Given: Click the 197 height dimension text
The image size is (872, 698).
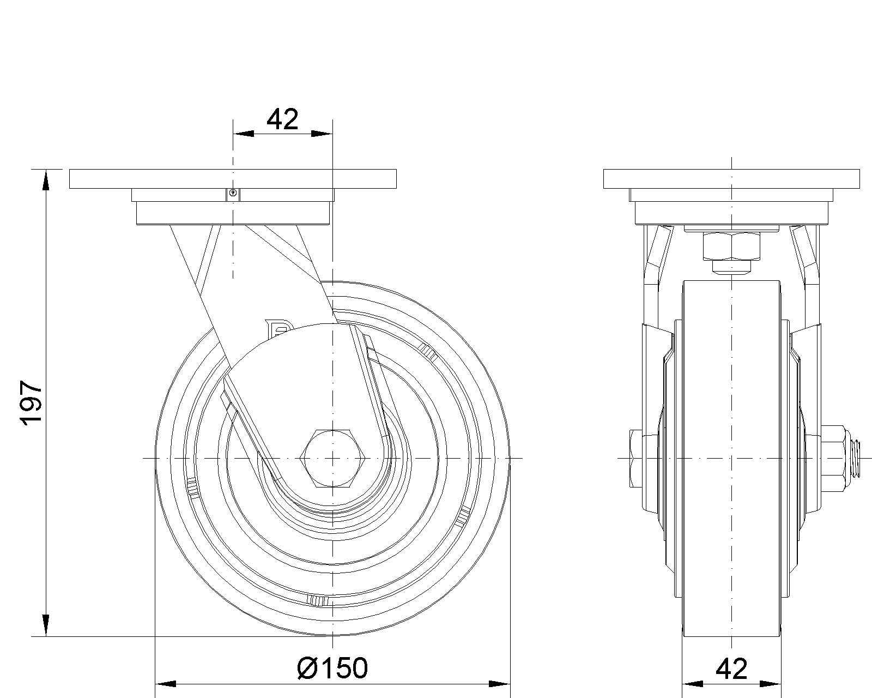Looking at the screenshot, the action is tap(31, 403).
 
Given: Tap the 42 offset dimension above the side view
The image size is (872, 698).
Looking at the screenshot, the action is tap(282, 119).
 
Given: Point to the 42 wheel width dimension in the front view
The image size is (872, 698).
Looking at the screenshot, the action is tap(731, 669).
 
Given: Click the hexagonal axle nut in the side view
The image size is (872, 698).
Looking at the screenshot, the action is tap(332, 458).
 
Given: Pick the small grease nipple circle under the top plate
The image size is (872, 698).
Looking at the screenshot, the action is tap(233, 193).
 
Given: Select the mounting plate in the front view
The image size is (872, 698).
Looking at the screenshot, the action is tap(731, 179).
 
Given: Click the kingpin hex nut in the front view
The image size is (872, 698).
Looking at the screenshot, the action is tap(731, 246).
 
